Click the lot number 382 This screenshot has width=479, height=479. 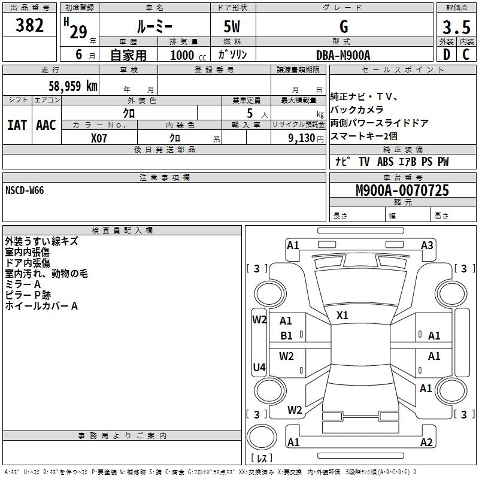(29, 25)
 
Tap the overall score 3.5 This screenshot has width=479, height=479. (456, 27)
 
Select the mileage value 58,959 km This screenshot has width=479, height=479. (73, 86)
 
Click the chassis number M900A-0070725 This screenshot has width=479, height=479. (402, 190)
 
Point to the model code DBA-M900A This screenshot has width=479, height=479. (343, 55)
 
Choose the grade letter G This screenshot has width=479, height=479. (344, 26)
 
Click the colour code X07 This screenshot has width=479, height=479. (99, 138)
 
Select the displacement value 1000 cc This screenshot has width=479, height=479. (188, 55)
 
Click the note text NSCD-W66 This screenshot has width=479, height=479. (25, 190)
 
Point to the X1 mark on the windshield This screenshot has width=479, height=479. (342, 316)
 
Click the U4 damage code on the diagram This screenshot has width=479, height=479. (259, 367)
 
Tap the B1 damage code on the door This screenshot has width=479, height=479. (286, 336)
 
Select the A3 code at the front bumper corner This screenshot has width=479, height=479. (427, 245)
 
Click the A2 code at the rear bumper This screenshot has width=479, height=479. (426, 442)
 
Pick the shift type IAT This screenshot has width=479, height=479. (17, 125)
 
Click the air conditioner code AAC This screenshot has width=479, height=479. (46, 125)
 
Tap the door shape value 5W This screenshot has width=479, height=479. (232, 26)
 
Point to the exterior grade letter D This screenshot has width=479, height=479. (447, 54)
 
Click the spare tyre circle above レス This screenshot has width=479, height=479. (262, 437)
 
